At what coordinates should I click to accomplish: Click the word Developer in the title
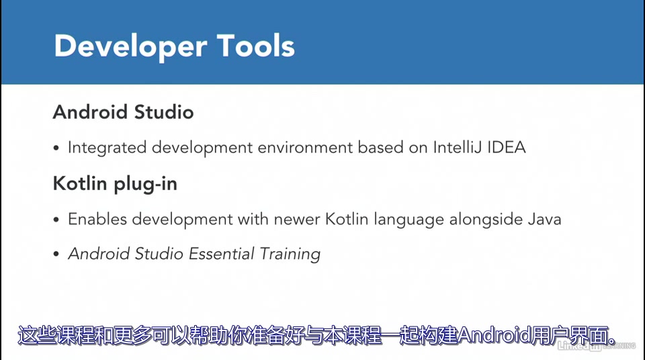127,46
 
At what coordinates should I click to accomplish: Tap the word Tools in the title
256,46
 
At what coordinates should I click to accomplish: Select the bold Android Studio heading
123,111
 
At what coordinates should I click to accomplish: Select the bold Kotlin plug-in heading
115,183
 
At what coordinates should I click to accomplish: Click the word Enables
97,219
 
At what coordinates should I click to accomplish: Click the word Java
545,219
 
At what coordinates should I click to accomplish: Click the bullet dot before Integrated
56,148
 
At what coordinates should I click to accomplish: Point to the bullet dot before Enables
56,220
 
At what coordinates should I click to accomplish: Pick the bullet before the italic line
56,255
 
